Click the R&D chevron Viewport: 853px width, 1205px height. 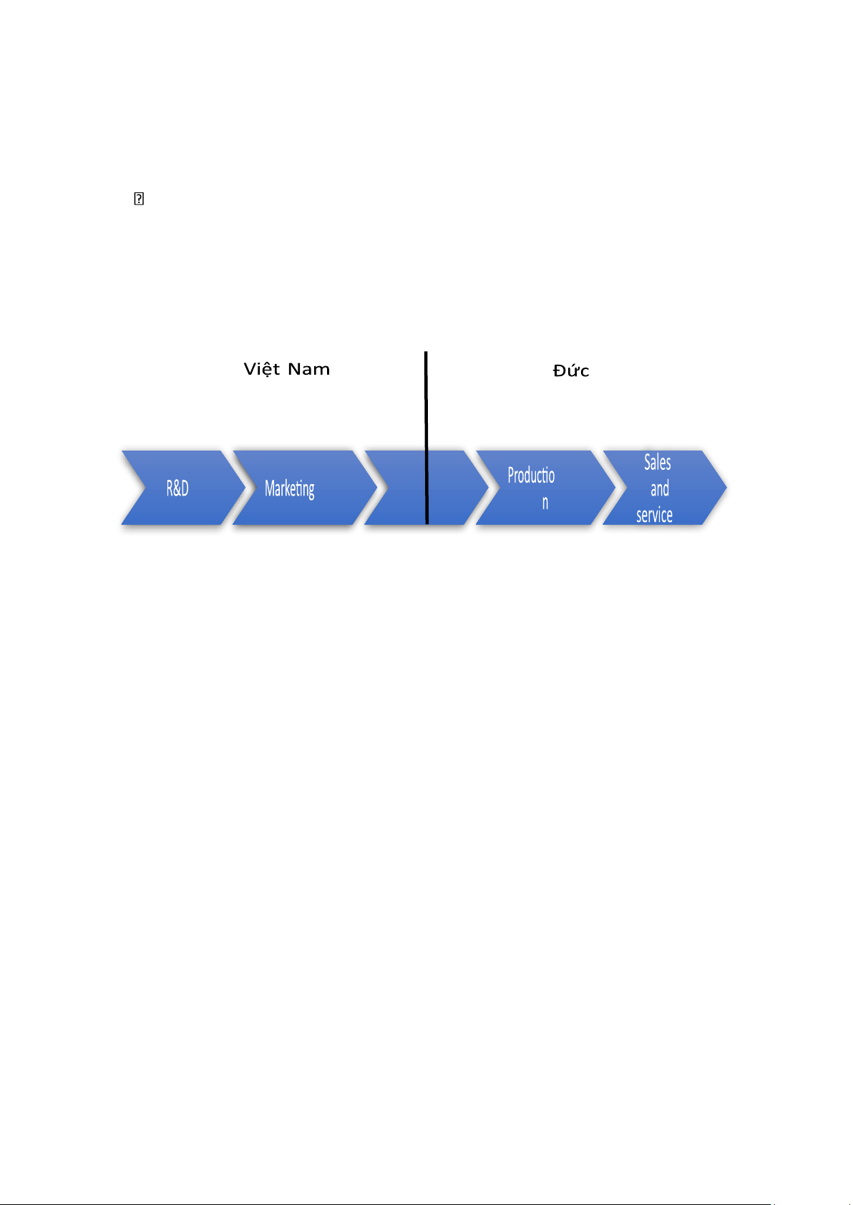[183, 488]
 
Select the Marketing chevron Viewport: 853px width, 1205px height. [305, 488]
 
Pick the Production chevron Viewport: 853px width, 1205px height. [545, 488]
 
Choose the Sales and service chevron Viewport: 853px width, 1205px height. [665, 488]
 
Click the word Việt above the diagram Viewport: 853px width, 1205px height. [261, 369]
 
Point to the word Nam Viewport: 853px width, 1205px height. [308, 369]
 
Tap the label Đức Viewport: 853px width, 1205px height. [571, 370]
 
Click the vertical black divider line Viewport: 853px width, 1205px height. [426, 438]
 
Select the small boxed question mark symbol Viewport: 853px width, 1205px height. [139, 199]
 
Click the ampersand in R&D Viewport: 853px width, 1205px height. [177, 488]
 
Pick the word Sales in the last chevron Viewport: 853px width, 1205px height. [657, 463]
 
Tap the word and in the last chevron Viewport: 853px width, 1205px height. [659, 488]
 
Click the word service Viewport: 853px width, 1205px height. [654, 515]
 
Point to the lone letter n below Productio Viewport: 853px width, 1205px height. [545, 503]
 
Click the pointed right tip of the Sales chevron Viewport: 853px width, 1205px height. [726, 488]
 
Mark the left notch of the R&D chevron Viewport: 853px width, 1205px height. [145, 488]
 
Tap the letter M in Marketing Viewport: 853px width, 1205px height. [270, 488]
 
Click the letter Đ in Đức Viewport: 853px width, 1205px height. [559, 370]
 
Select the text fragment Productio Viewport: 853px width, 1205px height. [531, 476]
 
